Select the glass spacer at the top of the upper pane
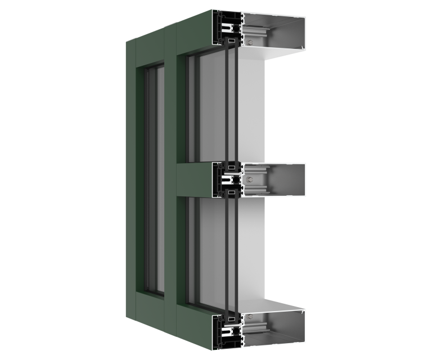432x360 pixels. coord(231,41)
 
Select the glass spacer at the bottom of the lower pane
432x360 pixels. coord(231,319)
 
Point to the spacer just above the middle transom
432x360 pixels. coord(231,166)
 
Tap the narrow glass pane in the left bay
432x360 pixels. coord(154,180)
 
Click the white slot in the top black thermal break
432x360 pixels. coord(227,26)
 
